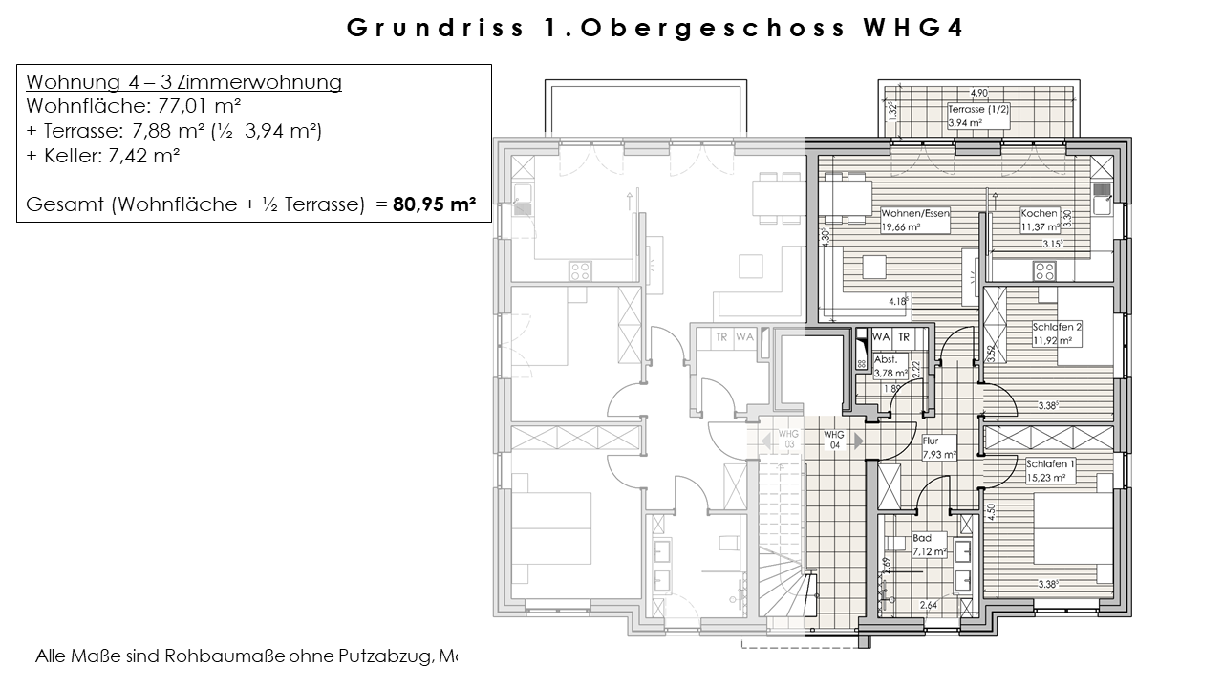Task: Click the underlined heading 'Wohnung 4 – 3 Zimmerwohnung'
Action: pyautogui.click(x=183, y=82)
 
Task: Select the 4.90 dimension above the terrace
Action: pyautogui.click(x=978, y=94)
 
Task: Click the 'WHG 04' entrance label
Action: pyautogui.click(x=834, y=440)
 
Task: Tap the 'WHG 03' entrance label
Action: pyautogui.click(x=788, y=440)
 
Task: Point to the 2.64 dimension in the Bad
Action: pyautogui.click(x=928, y=604)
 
